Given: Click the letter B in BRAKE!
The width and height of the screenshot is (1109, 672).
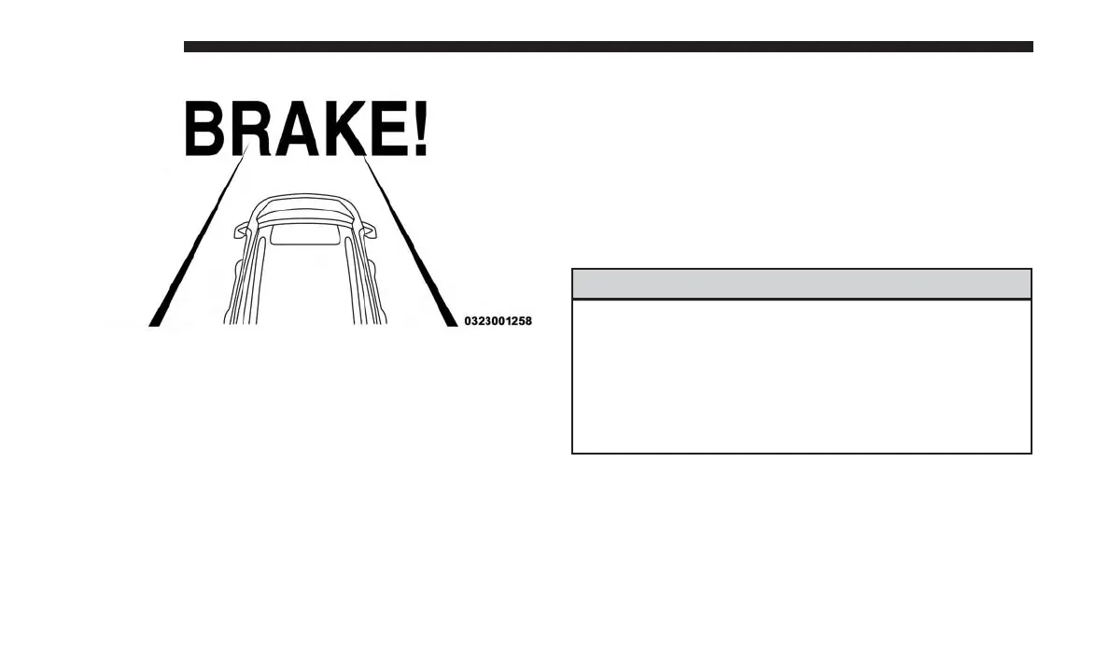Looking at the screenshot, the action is coord(205,131).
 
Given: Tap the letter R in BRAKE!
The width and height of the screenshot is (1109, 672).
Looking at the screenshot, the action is coord(249,131).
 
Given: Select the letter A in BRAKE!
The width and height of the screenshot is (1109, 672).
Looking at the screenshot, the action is coord(296,131).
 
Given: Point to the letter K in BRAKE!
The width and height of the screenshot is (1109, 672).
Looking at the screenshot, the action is coord(343,131).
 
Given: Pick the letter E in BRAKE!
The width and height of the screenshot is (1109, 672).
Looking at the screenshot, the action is coord(386,131).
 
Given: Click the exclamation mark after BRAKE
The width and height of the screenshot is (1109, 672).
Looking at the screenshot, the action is coord(420,131).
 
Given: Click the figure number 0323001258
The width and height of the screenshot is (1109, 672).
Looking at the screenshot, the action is coord(498,321).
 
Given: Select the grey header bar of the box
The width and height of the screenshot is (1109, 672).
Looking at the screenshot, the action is coord(801,284).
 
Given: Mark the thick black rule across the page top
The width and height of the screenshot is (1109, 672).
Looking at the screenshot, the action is coord(608,47).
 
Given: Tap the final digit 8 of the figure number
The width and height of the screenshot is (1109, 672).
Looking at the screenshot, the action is coord(528,321).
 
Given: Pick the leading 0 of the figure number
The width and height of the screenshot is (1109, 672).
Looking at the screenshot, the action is coord(469,321).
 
